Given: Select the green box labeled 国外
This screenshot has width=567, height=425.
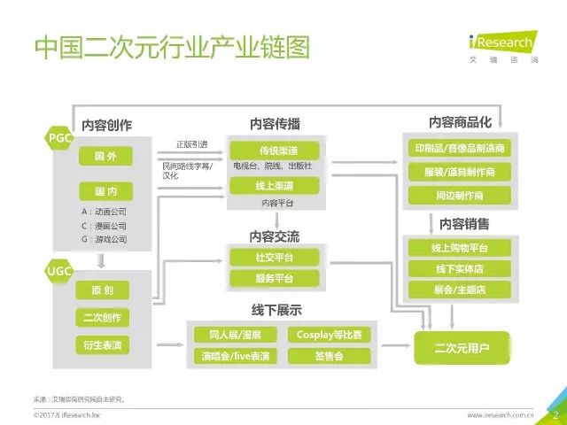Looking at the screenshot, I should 105,157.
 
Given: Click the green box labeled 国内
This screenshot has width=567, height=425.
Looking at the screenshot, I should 105,190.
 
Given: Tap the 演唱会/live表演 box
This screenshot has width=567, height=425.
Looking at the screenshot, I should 231,357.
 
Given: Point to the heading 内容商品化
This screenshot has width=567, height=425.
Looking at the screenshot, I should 460,121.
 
